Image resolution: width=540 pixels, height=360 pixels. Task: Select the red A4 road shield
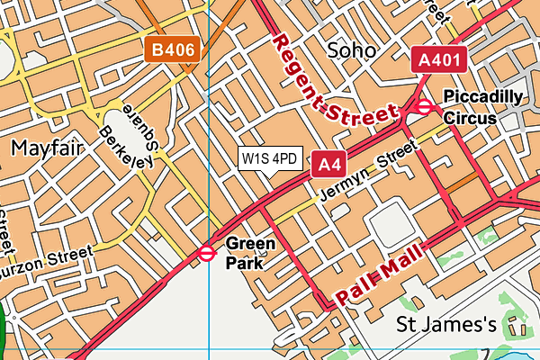329,165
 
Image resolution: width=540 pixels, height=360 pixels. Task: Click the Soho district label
351,49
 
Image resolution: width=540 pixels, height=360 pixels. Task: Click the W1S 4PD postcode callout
269,159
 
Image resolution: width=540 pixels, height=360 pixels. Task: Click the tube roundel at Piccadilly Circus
424,108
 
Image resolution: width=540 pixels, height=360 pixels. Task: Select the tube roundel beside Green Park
207,255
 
